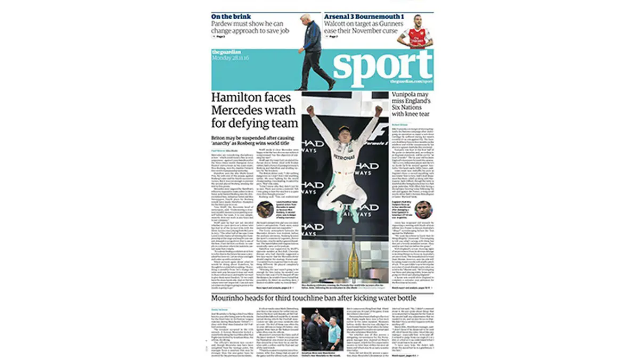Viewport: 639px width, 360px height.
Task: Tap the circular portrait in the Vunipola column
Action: click(424, 210)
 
